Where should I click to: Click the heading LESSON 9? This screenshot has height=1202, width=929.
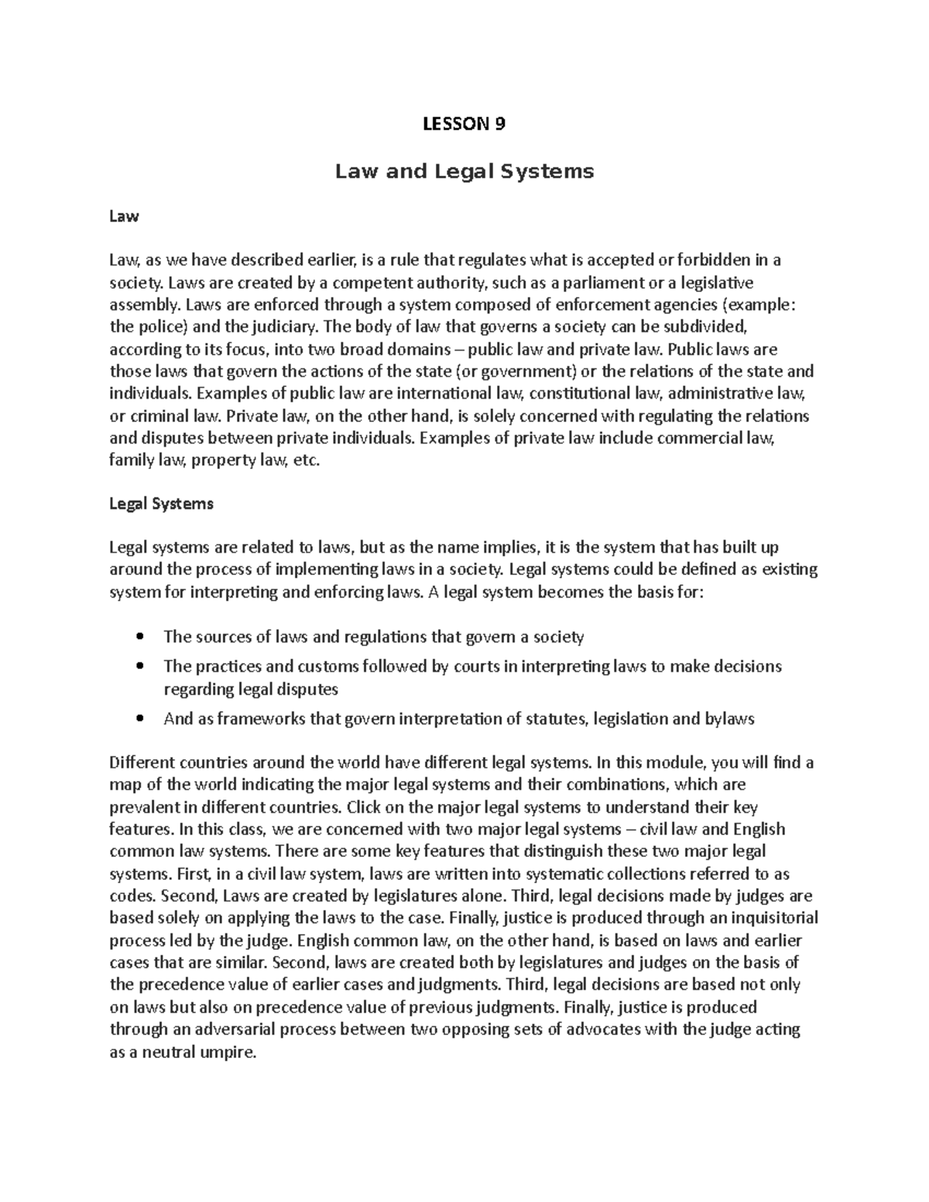464,124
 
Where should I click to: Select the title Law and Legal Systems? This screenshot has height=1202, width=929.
464,171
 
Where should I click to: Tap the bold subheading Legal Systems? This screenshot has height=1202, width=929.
161,504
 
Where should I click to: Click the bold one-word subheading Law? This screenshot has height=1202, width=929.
124,217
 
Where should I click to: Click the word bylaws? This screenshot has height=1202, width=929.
729,719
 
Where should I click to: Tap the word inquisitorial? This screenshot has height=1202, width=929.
766,919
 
